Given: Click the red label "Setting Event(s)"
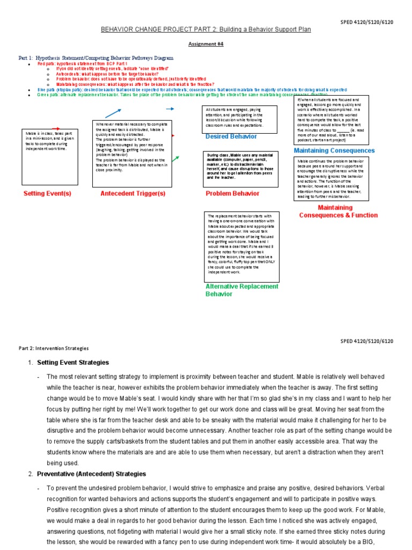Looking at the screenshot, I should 47,193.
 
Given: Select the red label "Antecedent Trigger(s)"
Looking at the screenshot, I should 133,193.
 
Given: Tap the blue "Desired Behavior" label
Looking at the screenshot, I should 231,136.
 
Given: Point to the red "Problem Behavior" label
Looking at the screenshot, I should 232,193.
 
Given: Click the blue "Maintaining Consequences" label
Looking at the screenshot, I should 334,150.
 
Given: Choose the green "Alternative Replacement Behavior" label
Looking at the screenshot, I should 242,290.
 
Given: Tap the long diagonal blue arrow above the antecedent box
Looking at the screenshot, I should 113,113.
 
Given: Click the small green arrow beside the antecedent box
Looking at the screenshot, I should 175,159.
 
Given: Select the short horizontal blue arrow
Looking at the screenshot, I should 170,108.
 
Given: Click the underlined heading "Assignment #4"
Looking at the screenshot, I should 205,46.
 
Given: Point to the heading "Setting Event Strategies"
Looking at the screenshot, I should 73,363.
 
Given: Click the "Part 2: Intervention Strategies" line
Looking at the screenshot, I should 54,348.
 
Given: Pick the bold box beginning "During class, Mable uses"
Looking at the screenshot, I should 241,169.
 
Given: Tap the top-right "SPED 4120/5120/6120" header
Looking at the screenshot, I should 367,21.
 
